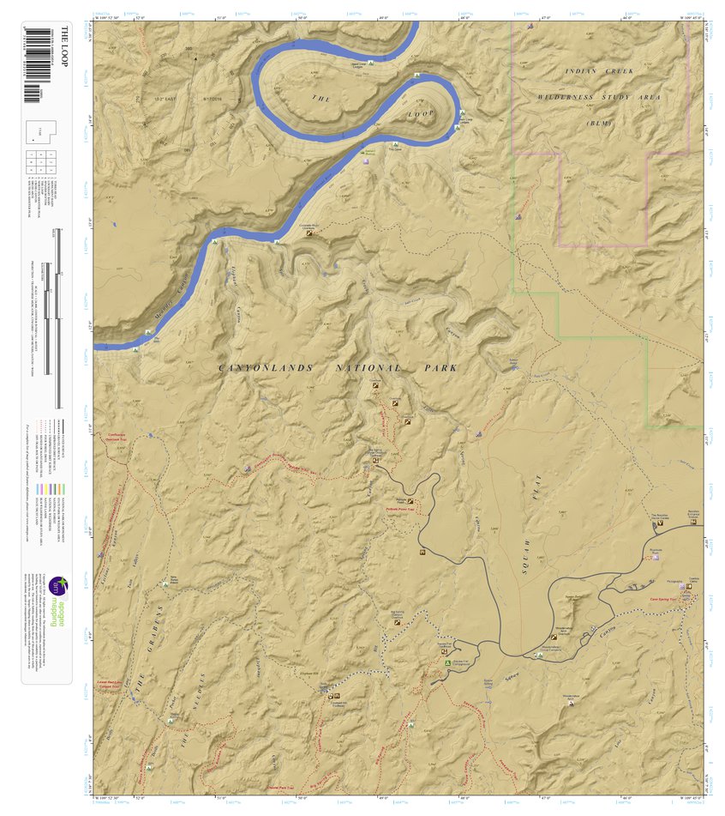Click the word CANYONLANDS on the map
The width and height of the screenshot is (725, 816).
[257, 368]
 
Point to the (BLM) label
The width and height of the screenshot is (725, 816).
[600, 124]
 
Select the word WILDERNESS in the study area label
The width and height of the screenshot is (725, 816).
[575, 98]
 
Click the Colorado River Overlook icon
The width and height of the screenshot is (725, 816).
[309, 232]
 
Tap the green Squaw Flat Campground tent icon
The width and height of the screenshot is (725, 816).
[447, 662]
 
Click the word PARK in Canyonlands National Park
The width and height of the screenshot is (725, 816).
[440, 368]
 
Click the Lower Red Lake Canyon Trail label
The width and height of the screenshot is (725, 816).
[109, 681]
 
